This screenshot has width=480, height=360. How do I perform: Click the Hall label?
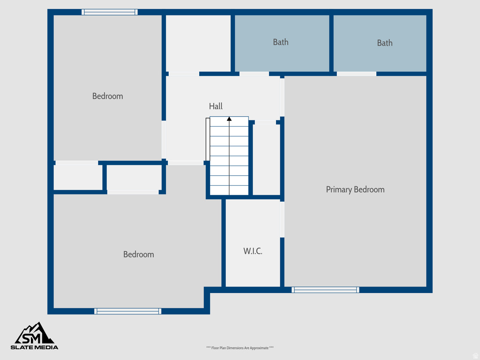tap(216, 106)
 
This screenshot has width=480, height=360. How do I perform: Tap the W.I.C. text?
tap(253, 251)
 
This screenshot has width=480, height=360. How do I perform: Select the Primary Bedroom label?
tap(355, 189)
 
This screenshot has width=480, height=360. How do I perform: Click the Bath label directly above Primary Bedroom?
tap(384, 43)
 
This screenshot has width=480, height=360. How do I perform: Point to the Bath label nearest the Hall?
tap(280, 42)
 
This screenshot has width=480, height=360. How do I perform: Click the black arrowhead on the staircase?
tap(229, 119)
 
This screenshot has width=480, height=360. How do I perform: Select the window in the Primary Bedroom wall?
tap(325, 290)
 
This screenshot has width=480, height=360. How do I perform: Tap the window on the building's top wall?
tap(110, 12)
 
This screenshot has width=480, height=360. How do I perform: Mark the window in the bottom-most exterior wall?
tap(127, 311)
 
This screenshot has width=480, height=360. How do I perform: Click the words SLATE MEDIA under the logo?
tap(35, 347)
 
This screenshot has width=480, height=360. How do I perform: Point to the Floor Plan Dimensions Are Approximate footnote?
tap(240, 348)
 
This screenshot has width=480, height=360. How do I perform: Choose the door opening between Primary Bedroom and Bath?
tap(356, 74)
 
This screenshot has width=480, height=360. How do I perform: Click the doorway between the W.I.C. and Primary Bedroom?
tap(282, 219)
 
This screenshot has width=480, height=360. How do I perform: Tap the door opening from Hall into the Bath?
tap(254, 74)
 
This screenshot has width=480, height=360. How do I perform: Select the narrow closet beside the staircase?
tap(266, 159)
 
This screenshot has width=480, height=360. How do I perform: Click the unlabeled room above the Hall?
tap(198, 43)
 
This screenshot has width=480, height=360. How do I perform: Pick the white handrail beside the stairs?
tap(207, 140)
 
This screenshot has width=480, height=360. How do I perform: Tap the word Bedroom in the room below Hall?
tap(138, 255)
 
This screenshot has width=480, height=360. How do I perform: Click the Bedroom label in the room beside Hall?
tap(107, 96)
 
